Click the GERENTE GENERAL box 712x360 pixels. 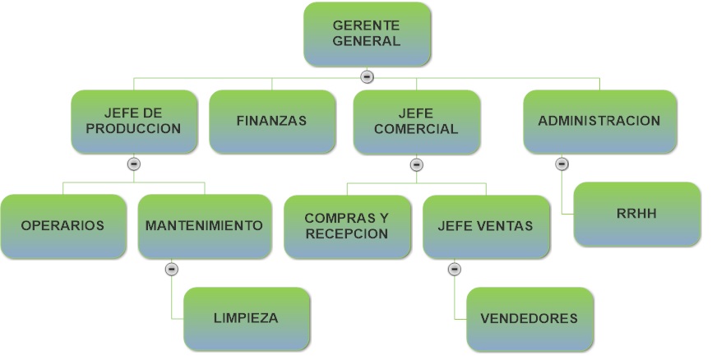[x=367, y=34]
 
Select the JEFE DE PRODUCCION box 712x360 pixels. [x=134, y=121]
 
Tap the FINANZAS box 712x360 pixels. [x=272, y=121]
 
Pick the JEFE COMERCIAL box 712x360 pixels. [x=416, y=122]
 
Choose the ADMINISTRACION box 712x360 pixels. [x=600, y=121]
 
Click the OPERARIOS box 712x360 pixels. [x=63, y=226]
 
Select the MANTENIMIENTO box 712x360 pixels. [x=205, y=226]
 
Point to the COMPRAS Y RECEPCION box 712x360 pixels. [x=348, y=227]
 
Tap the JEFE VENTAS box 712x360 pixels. [x=486, y=227]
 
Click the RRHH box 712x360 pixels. [x=637, y=214]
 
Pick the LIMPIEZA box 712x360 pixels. [x=247, y=319]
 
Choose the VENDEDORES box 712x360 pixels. [x=529, y=319]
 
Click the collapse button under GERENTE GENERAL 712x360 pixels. [x=367, y=76]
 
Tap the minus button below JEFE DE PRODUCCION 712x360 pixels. [x=133, y=164]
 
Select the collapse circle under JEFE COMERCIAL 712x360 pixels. [x=416, y=164]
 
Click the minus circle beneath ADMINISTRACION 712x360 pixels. [x=562, y=164]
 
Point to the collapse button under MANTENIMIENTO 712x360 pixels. [x=171, y=270]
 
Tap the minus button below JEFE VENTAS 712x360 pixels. [x=455, y=270]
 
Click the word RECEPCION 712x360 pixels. [x=348, y=233]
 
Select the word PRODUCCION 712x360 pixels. [x=133, y=129]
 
